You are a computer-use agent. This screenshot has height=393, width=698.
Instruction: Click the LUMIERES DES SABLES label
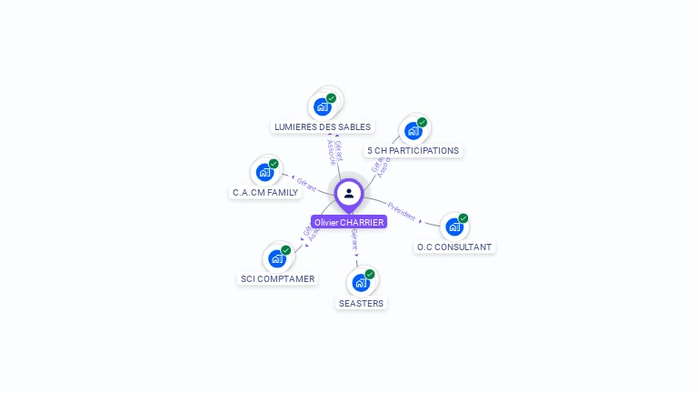[323, 127]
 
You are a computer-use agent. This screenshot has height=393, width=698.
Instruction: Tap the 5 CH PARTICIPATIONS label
[414, 151]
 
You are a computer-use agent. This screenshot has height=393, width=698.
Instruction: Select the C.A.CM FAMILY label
[265, 193]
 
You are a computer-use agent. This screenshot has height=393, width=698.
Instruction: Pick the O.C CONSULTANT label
[454, 247]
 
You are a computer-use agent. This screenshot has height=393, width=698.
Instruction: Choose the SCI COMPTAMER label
[277, 279]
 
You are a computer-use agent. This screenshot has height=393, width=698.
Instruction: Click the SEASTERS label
[361, 304]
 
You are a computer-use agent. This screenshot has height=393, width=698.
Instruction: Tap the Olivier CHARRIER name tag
[349, 222]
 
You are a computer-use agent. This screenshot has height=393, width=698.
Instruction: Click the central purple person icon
[349, 193]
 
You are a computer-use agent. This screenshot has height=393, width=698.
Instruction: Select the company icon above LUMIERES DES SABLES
[322, 106]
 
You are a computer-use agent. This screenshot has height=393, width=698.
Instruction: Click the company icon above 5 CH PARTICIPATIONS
[413, 130]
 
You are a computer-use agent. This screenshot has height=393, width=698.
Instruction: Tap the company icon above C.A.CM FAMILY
[264, 172]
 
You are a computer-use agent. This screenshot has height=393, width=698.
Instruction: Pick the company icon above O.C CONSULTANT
[454, 227]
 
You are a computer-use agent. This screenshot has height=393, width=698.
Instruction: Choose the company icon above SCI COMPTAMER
[277, 258]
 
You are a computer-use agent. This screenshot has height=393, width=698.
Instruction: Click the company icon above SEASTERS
[361, 283]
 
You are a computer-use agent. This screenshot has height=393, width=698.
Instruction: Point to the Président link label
[401, 211]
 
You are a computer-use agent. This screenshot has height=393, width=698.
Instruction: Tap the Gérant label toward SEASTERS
[354, 239]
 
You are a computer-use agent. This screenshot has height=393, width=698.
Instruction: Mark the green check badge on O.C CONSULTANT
[464, 218]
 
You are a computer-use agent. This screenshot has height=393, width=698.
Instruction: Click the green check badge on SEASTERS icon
[370, 274]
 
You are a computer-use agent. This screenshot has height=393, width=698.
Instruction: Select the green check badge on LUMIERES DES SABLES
[331, 98]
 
